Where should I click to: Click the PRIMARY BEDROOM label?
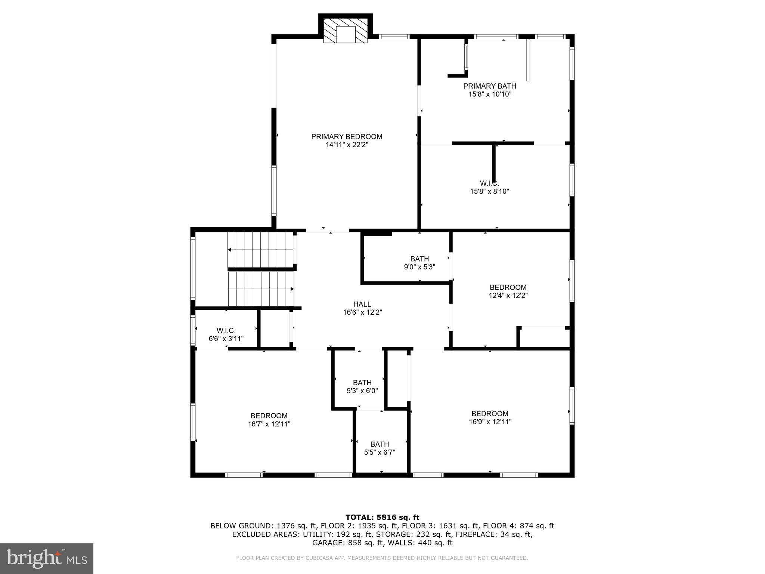click(x=347, y=137)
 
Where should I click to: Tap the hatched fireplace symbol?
click(x=346, y=34)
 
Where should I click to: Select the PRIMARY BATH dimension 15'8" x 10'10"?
click(x=490, y=95)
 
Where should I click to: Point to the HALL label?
click(x=362, y=304)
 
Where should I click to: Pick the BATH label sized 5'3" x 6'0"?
click(x=362, y=383)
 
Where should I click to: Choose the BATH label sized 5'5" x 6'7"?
click(x=380, y=444)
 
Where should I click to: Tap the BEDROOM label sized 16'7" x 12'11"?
click(x=269, y=416)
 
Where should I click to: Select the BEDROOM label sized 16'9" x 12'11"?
click(x=490, y=414)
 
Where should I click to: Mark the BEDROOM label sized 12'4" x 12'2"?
click(x=508, y=287)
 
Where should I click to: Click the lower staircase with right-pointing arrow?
click(x=261, y=289)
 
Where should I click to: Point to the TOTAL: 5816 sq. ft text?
click(x=382, y=518)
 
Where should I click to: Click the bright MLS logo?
click(x=47, y=558)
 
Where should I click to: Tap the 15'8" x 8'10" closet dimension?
click(x=489, y=192)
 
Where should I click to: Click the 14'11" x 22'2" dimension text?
click(x=347, y=145)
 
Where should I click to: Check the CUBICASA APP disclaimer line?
click(x=382, y=558)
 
